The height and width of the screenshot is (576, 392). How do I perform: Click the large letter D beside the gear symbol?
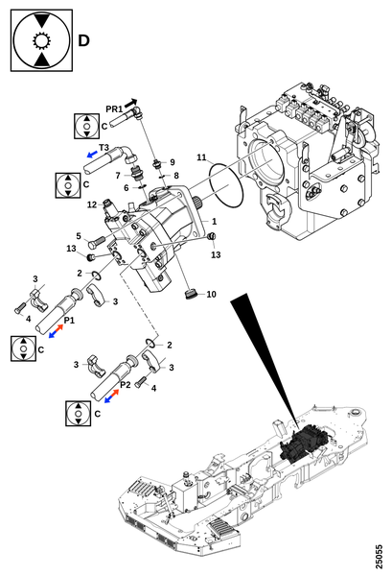(83, 40)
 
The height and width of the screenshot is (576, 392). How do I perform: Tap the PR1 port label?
(114, 109)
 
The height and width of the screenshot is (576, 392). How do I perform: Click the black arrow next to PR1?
(131, 104)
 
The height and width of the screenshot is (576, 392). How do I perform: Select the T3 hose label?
(104, 148)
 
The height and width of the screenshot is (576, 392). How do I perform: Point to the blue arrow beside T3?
(92, 154)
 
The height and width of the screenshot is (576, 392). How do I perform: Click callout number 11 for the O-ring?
(201, 157)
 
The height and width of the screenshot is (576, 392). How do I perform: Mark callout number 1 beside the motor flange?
(214, 222)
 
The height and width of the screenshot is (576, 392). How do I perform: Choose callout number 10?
(211, 295)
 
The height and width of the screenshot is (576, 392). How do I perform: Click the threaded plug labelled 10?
(190, 294)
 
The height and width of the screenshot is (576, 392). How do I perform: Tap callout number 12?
(92, 204)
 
